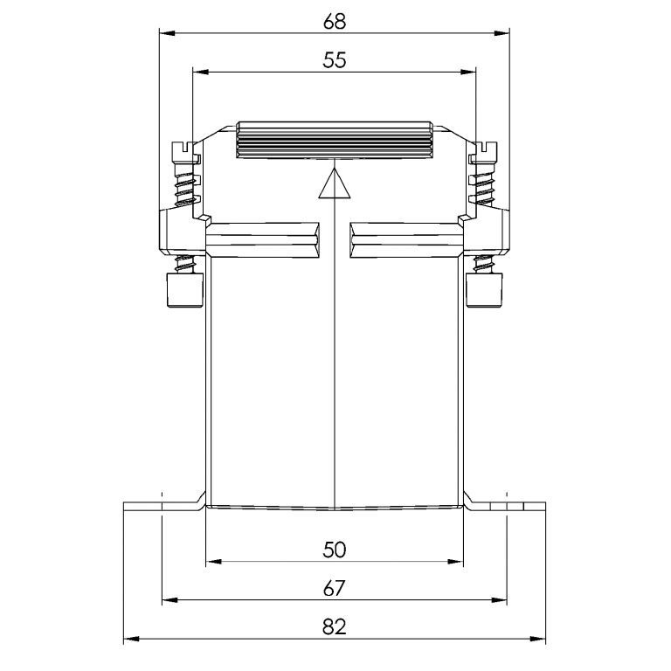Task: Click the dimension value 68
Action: [335, 21]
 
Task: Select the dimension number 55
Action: [335, 60]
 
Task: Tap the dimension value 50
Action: [335, 550]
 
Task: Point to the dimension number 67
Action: [335, 589]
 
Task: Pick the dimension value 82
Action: [335, 627]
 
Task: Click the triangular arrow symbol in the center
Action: [335, 184]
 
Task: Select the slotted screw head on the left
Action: [185, 151]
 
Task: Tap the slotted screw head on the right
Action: [484, 151]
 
